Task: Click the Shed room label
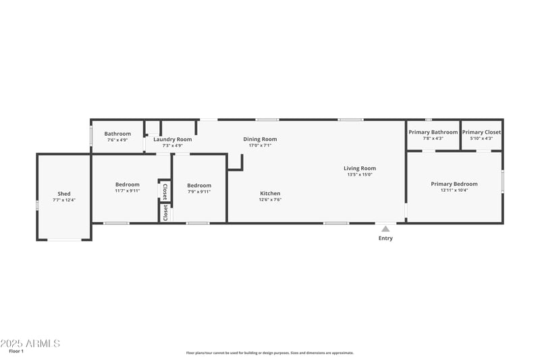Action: click(63, 194)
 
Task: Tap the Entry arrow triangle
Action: click(385, 229)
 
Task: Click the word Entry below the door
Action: click(385, 238)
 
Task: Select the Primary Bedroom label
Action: click(454, 184)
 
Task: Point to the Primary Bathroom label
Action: click(433, 132)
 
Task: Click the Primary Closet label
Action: click(481, 132)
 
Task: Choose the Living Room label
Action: click(360, 168)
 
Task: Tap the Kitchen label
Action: click(270, 193)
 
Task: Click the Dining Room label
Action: click(260, 139)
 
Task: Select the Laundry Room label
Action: click(172, 139)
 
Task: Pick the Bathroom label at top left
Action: click(117, 134)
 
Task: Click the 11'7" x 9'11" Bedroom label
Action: click(127, 184)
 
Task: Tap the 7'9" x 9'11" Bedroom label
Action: click(199, 186)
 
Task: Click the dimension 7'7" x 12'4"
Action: click(63, 200)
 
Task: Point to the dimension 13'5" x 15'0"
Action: click(360, 174)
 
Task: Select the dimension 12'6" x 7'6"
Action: click(270, 199)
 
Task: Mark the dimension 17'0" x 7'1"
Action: click(260, 145)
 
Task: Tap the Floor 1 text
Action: click(16, 351)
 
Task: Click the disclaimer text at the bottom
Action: click(269, 353)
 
